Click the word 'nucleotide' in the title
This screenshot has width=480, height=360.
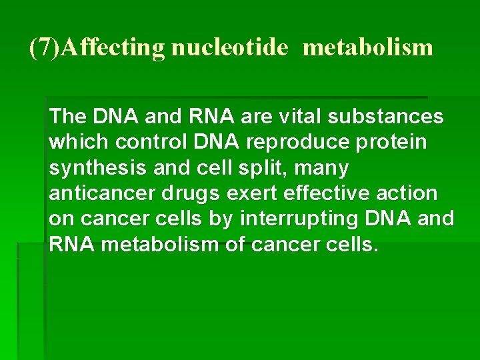tap(230, 47)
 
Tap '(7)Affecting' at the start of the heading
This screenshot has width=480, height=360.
tap(98, 47)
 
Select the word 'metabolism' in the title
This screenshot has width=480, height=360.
tap(368, 47)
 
